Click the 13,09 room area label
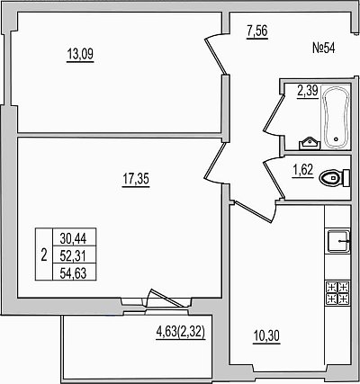[x=80, y=55]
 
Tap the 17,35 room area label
[x=136, y=180]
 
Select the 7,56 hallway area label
[x=256, y=31]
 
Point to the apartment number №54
[x=324, y=49]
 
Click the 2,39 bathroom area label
[x=307, y=91]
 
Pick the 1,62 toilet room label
[x=302, y=170]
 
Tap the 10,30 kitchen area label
[x=266, y=336]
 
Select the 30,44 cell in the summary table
[x=74, y=238]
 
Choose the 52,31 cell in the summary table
[x=74, y=255]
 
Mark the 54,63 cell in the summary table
[x=74, y=273]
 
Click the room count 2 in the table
[x=44, y=255]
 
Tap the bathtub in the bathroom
[x=336, y=117]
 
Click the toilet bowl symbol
[x=334, y=178]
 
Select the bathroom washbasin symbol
[x=310, y=143]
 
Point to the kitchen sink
[x=338, y=241]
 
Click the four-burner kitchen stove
[x=338, y=293]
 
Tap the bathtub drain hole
[x=336, y=139]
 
